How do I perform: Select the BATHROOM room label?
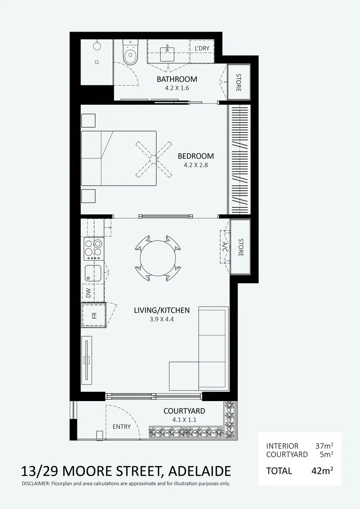(x=177, y=79)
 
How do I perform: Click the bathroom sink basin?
(x=168, y=52)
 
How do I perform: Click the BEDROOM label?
(x=196, y=156)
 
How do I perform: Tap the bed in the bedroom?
(x=118, y=158)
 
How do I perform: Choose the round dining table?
(x=158, y=257)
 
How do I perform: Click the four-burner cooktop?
(x=93, y=248)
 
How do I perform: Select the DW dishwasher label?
(x=89, y=293)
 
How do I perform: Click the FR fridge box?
(x=94, y=315)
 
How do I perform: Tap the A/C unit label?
(x=225, y=246)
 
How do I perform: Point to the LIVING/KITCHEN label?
(x=162, y=310)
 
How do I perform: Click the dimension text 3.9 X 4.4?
(x=162, y=320)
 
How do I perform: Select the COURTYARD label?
(x=184, y=411)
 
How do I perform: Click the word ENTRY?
(x=122, y=427)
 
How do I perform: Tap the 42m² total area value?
(x=322, y=470)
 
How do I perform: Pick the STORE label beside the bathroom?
(x=238, y=82)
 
